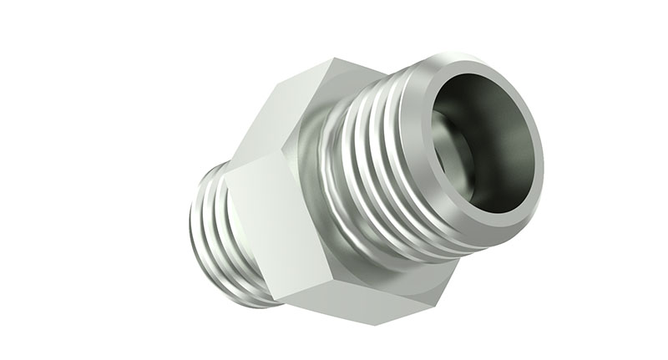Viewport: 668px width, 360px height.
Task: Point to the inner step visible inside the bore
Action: click(452, 155)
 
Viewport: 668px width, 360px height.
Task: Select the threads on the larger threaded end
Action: click(376, 167)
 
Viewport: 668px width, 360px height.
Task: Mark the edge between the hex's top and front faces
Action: click(259, 159)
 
